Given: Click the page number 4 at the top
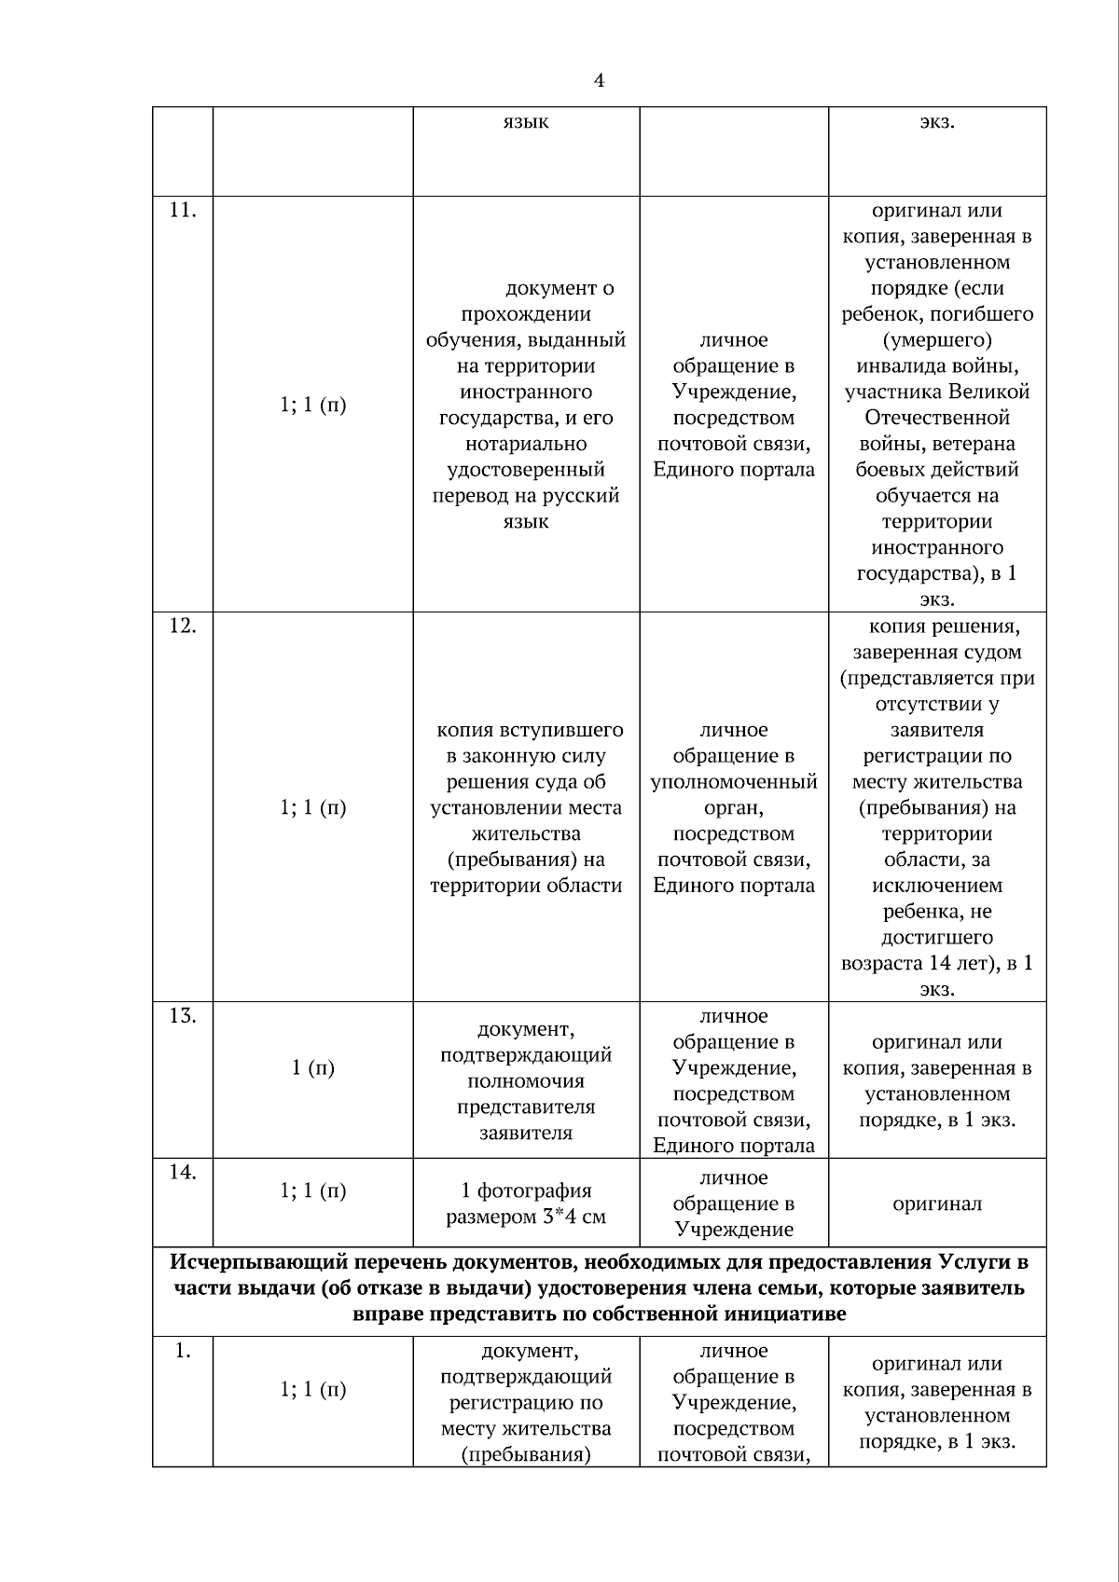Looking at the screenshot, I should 599,81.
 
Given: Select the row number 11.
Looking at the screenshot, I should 182,211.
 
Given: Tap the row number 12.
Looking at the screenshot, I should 182,626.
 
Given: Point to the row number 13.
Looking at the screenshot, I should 182,1015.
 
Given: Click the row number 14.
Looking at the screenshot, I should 182,1172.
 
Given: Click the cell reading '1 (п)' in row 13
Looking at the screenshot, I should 312,1068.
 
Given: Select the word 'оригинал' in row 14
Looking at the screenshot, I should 937,1204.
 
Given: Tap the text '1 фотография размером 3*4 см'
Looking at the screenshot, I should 526,1204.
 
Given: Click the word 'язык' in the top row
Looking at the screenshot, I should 526,122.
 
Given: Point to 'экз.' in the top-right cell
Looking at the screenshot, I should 937,122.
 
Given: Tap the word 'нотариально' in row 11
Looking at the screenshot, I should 526,444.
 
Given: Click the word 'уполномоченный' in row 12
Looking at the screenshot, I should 734,781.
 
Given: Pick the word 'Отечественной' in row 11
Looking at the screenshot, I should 937,418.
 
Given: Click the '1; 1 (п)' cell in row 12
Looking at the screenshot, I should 312,807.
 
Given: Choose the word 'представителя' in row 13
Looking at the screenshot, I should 526,1107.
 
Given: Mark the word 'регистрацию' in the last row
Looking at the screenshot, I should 526,1402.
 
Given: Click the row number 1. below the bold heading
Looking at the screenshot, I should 182,1351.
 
